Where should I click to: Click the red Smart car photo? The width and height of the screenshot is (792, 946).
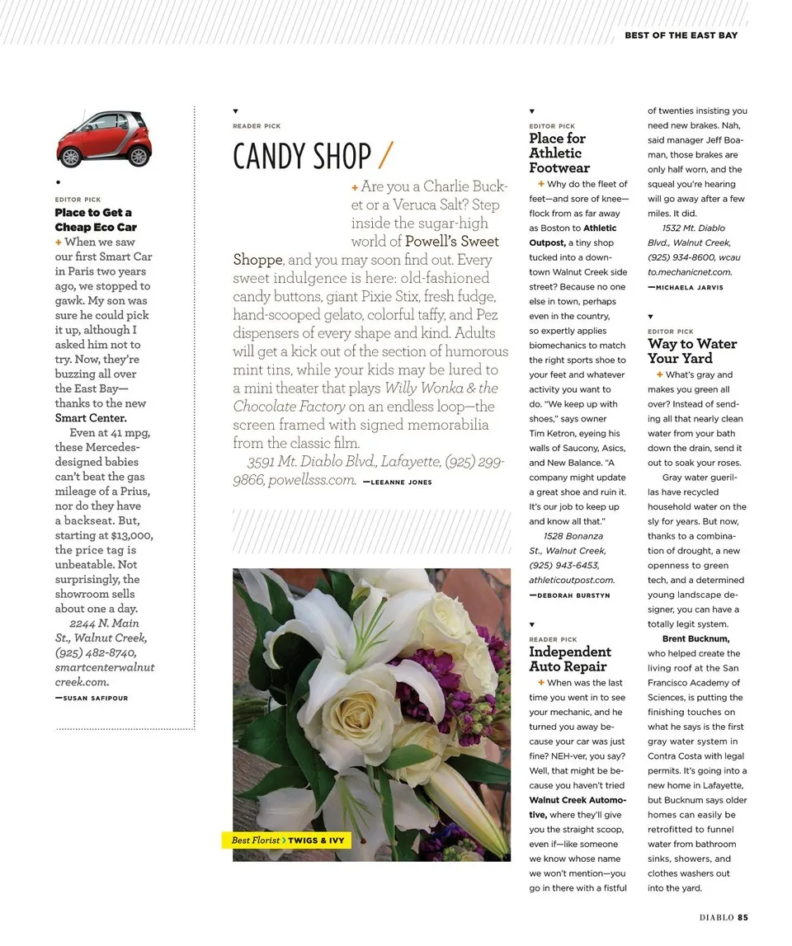click(104, 139)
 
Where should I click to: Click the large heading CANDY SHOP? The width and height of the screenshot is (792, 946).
click(302, 157)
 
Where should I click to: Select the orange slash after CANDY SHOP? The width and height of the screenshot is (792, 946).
click(385, 155)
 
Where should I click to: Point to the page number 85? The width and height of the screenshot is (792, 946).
click(742, 916)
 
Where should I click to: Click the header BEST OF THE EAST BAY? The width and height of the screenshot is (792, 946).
click(681, 35)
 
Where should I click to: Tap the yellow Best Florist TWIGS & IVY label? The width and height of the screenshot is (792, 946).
click(287, 840)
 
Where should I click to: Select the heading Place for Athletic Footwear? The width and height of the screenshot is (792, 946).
click(559, 153)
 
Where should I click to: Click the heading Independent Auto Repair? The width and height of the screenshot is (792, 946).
click(569, 659)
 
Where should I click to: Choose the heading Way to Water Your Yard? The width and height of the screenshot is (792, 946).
click(691, 351)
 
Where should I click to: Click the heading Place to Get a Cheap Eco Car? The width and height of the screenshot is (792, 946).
click(96, 219)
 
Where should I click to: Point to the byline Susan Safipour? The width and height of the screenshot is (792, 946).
click(92, 698)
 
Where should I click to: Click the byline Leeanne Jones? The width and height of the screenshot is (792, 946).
click(397, 482)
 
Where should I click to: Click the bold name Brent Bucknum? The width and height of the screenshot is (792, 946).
click(695, 638)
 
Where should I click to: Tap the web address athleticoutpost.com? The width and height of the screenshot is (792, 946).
click(572, 580)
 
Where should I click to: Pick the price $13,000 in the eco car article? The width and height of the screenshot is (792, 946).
click(131, 535)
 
